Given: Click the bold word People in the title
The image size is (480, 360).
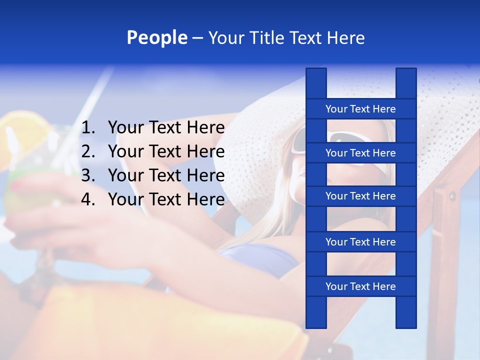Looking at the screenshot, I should click(156, 37).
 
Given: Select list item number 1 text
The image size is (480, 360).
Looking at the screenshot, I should click(166, 128).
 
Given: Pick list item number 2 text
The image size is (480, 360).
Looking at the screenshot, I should click(166, 151).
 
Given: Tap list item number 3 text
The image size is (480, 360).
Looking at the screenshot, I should click(166, 175).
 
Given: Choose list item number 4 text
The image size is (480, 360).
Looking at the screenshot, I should click(166, 199).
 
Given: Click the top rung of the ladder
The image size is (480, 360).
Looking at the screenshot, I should click(360, 109).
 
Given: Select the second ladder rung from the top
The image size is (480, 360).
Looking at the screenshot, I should click(360, 153).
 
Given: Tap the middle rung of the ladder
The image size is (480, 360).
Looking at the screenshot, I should click(360, 196).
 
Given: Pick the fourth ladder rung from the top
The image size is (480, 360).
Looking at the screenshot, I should click(360, 242).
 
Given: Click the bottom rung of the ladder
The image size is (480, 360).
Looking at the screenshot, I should click(360, 286).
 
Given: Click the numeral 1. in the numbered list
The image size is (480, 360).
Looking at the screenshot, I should click(88, 128).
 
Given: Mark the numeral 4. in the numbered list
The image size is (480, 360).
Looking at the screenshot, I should click(88, 199).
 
